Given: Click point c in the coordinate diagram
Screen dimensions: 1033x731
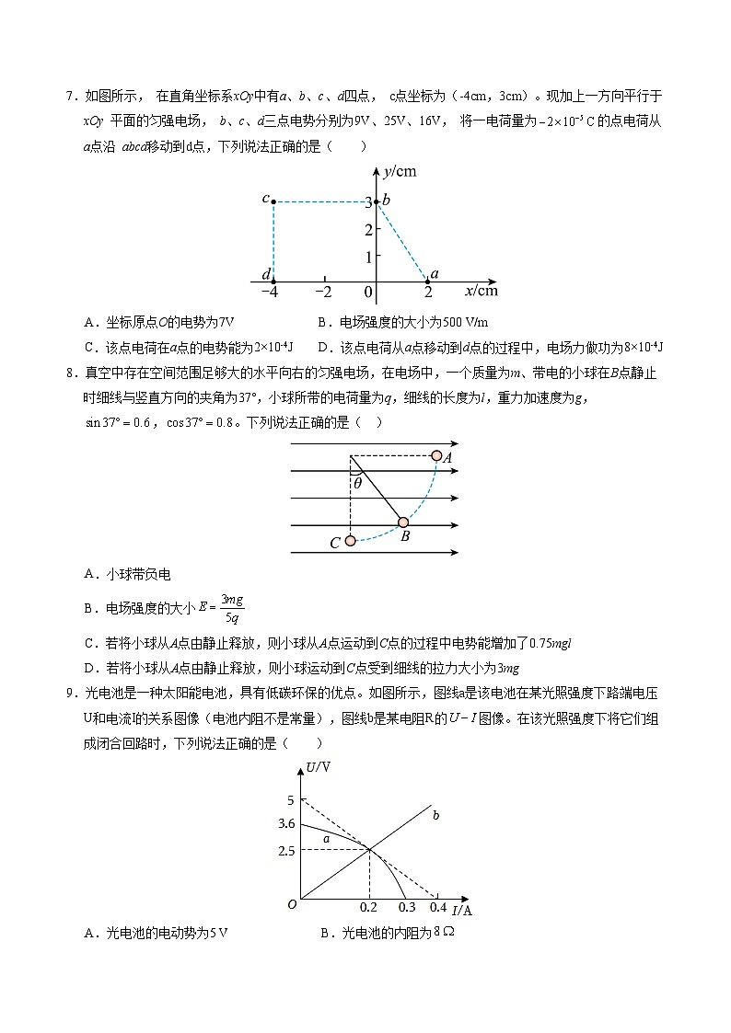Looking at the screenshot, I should [x=273, y=201].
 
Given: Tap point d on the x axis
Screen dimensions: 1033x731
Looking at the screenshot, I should [x=273, y=281].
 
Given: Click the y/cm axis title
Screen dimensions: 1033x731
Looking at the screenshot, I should [x=400, y=171].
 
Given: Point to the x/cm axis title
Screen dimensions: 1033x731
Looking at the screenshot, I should [x=482, y=291].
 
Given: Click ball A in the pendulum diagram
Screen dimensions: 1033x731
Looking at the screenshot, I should [x=437, y=455].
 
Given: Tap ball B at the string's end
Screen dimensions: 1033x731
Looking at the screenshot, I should [x=402, y=522].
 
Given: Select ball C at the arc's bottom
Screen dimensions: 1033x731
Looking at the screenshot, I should [x=351, y=541].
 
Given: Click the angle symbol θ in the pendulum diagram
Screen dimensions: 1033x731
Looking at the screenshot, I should [x=358, y=482].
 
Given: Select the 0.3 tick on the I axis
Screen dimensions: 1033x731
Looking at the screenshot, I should [x=406, y=908].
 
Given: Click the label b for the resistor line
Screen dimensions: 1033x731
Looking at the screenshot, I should [x=435, y=815].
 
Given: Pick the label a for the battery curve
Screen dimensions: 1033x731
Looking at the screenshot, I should [x=325, y=838].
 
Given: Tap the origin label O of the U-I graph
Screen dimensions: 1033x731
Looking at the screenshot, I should [x=291, y=905].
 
